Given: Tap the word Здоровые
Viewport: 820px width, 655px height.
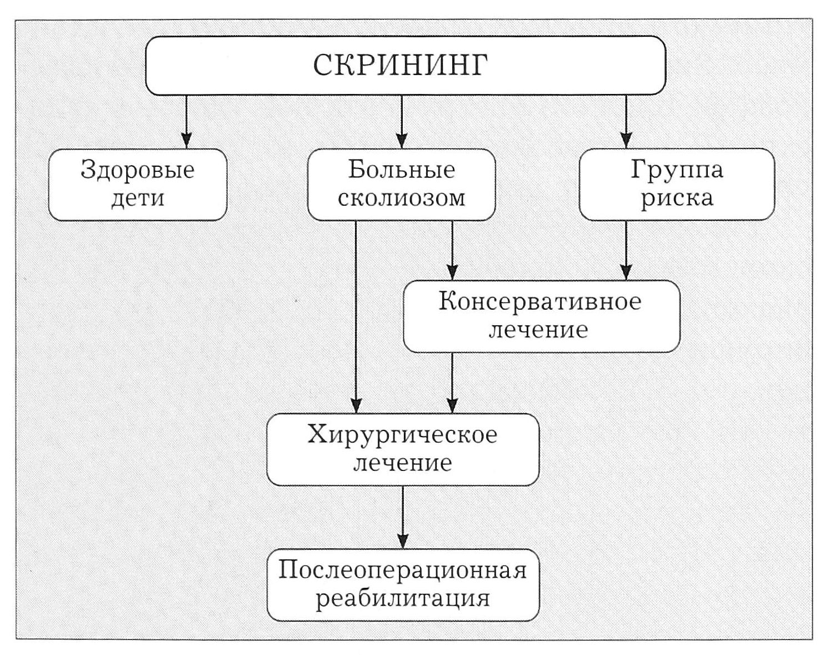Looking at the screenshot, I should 138,170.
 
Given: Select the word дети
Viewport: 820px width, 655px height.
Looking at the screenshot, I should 138,199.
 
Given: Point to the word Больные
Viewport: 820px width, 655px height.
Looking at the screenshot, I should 401,170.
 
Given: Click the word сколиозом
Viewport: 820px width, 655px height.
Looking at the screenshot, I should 401,199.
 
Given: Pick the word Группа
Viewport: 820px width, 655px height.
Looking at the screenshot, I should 677,170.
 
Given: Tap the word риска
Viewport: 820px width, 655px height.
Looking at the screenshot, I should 677,199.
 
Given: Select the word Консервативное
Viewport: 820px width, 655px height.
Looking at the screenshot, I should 540,302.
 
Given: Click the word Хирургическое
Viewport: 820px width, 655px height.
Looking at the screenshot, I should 402,434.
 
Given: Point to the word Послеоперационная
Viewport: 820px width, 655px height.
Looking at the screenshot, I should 402,570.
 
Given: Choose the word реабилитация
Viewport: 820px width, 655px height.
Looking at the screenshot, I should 402,599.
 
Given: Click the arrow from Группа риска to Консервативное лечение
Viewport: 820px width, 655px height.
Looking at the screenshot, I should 626,250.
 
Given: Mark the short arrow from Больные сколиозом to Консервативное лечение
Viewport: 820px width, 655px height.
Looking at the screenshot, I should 452,250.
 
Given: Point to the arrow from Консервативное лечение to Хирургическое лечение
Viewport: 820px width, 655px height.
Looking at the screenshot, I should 452,384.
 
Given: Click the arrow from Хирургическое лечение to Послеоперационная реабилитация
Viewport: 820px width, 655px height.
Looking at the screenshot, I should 403,517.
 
